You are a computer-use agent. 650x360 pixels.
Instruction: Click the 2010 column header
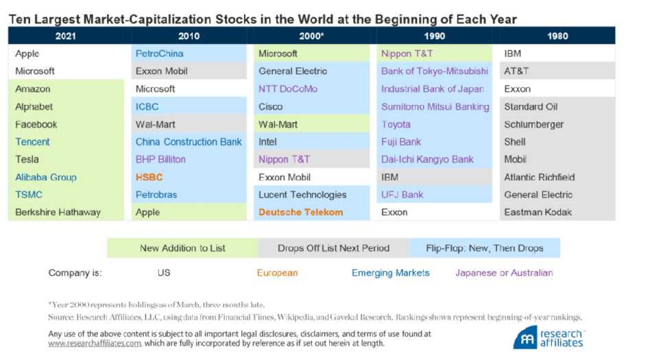pyautogui.click(x=189, y=36)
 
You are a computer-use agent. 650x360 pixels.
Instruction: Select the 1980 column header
pyautogui.click(x=557, y=36)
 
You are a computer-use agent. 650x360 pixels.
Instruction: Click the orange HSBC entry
pyautogui.click(x=149, y=177)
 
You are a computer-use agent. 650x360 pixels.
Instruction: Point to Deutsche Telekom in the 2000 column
pyautogui.click(x=300, y=212)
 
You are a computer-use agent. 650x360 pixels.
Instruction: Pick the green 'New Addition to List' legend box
pyautogui.click(x=182, y=248)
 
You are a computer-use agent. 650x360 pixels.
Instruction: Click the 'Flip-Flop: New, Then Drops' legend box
pyautogui.click(x=485, y=248)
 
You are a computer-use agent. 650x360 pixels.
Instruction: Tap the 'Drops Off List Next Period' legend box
pyautogui.click(x=334, y=248)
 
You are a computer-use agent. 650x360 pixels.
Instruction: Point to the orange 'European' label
pyautogui.click(x=277, y=273)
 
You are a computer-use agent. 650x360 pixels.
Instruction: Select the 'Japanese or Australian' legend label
pyautogui.click(x=504, y=273)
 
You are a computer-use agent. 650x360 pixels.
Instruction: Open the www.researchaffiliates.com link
pyautogui.click(x=95, y=344)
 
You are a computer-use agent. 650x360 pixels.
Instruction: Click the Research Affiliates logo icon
pyautogui.click(x=526, y=338)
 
